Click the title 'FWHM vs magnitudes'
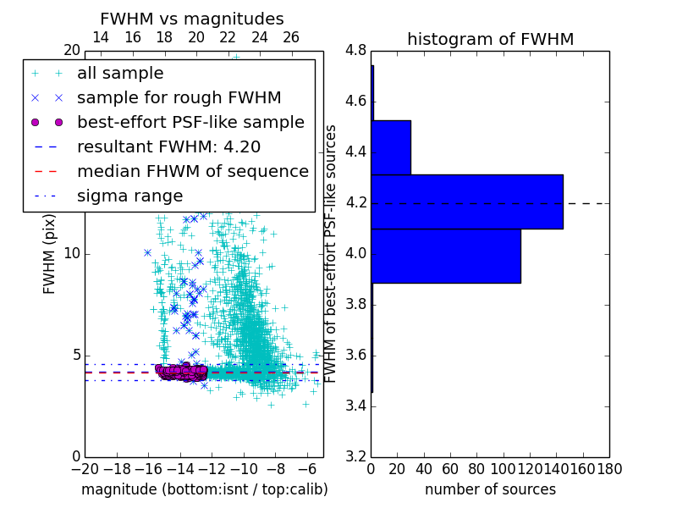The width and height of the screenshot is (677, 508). (191, 19)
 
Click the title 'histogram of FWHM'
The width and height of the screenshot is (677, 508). (490, 39)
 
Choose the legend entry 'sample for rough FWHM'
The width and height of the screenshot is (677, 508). (179, 98)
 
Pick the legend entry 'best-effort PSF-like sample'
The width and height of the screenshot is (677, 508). (190, 123)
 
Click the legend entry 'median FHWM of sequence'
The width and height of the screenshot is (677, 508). (192, 172)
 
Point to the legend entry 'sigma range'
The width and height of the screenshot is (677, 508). (129, 196)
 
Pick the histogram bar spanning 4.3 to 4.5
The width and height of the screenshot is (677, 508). (391, 147)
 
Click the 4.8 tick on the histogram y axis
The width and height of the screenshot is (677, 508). (355, 51)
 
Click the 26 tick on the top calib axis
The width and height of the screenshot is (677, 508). (291, 37)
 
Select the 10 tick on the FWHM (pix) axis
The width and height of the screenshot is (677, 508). (71, 254)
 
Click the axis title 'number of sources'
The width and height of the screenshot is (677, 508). (490, 489)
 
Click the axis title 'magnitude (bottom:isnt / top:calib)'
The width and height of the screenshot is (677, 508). (204, 489)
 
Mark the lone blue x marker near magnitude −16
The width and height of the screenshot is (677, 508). (147, 252)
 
